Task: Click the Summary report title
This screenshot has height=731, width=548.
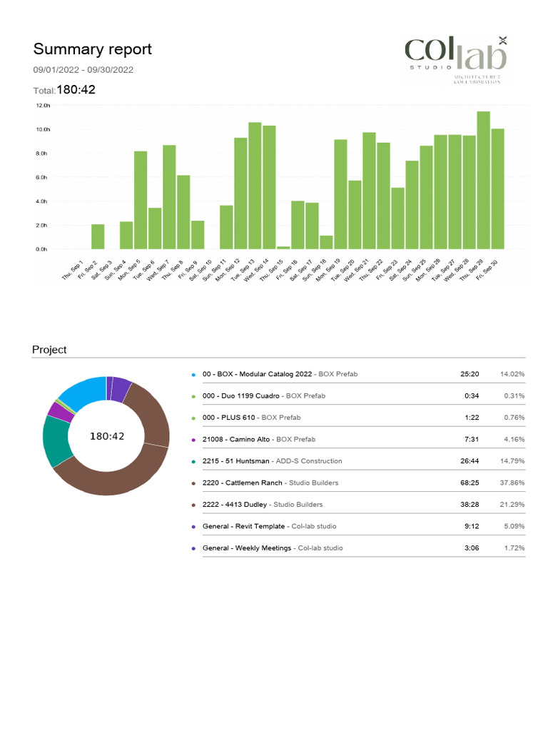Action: pos(92,49)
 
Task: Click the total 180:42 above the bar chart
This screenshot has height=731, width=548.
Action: pos(76,90)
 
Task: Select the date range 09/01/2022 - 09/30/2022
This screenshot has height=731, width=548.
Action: pos(83,70)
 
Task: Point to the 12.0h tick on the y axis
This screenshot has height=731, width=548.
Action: pos(42,106)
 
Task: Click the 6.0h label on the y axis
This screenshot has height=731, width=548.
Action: pos(42,177)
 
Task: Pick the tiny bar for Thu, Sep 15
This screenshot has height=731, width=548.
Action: pos(283,247)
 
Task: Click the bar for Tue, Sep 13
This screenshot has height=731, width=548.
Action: pos(255,186)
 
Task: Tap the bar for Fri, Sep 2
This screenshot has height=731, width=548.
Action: pos(98,236)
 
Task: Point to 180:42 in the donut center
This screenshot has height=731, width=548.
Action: pos(107,436)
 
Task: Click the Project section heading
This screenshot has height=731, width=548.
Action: pos(49,350)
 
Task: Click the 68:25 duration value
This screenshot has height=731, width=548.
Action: pos(470,483)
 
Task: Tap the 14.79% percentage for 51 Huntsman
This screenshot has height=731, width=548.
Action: pos(512,461)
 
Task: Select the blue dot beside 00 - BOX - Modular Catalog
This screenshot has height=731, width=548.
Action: pos(193,374)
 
